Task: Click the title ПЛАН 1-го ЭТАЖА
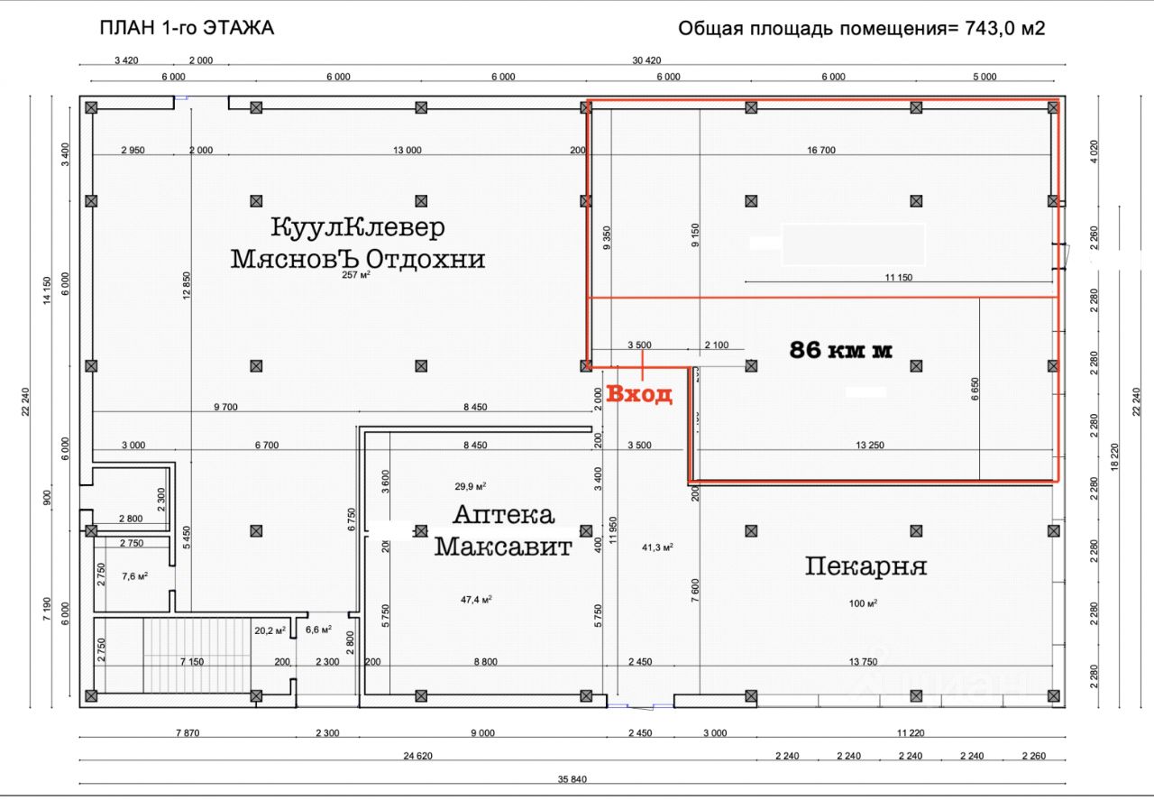point(187,28)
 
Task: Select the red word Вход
point(639,394)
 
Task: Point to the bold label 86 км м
point(840,350)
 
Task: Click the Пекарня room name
point(865,566)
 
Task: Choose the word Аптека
point(503,515)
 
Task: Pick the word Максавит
point(503,547)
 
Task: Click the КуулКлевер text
point(357,226)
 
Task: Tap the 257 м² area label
point(356,275)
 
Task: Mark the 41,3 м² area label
point(657,547)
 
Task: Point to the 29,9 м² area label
point(471,486)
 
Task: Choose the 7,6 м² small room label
point(134,575)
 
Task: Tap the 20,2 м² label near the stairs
point(270,630)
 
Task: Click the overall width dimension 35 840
point(572,778)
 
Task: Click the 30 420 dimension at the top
point(646,60)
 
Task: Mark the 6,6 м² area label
point(318,630)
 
